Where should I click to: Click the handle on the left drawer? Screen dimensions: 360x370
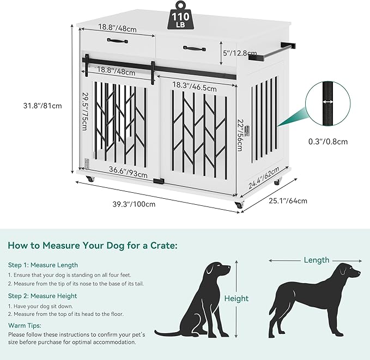118,40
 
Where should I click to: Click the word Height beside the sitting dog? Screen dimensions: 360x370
236,298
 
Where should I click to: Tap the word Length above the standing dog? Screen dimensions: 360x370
316,260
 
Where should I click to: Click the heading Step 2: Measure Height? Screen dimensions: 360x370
43,296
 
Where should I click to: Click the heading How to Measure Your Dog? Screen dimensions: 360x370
92,246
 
